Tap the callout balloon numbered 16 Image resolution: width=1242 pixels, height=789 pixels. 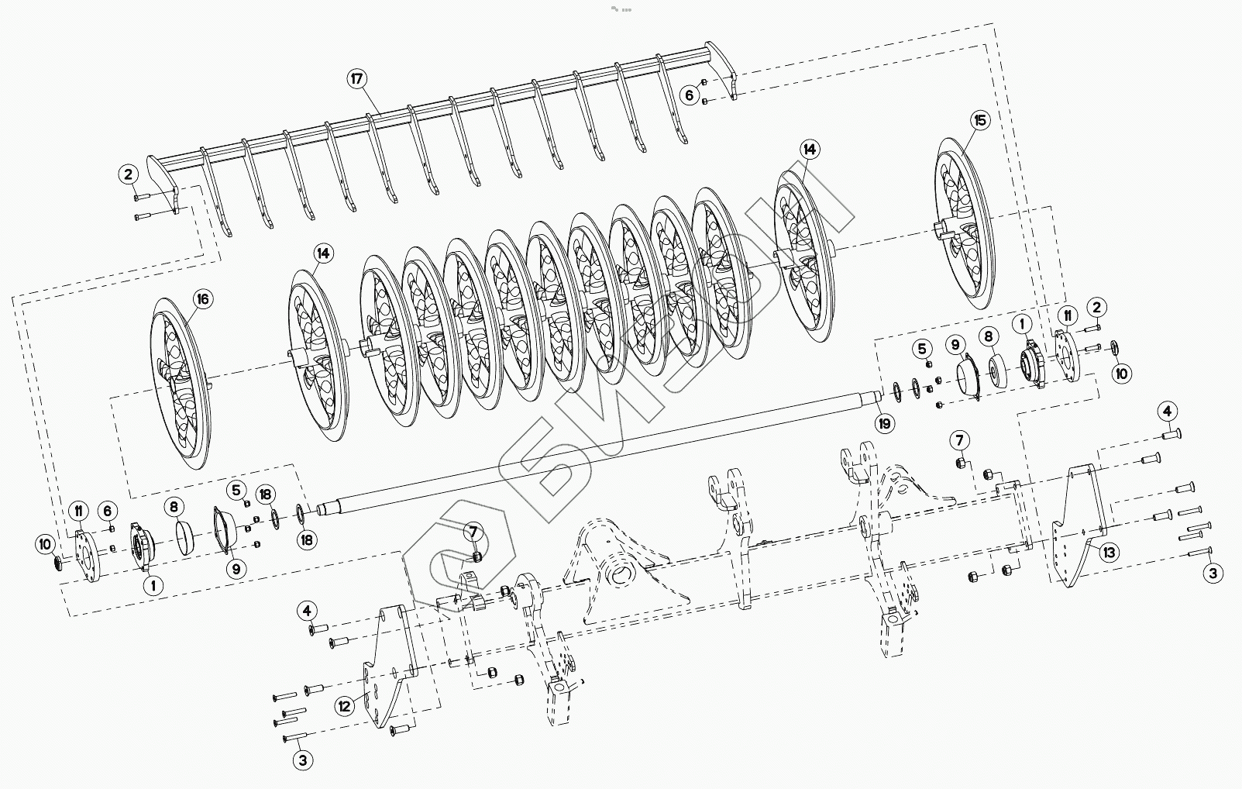[x=203, y=299]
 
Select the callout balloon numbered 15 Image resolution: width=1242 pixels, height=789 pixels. [x=981, y=120]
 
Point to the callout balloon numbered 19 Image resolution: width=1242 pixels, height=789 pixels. [x=883, y=423]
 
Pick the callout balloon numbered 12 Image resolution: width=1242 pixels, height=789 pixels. [x=346, y=706]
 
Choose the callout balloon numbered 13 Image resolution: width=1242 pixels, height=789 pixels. [x=1110, y=552]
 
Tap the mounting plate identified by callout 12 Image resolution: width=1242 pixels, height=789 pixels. [x=387, y=667]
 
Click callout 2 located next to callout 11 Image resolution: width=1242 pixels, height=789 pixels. [x=1096, y=307]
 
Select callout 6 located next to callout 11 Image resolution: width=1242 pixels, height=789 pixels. [x=108, y=510]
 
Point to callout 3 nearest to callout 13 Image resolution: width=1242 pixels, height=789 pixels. [x=1213, y=574]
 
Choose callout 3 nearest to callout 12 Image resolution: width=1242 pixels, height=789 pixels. [x=303, y=760]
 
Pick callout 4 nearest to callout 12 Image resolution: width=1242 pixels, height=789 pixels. [x=308, y=611]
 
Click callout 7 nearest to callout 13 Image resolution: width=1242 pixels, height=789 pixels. [x=959, y=441]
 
